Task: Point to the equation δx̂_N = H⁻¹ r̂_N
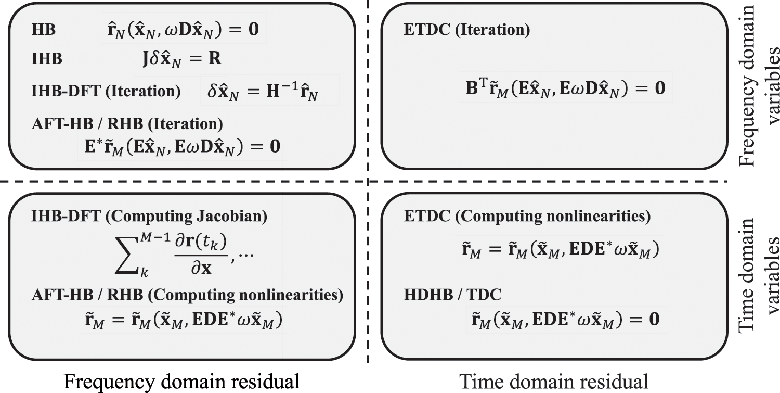265,92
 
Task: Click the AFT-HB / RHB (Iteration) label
127,125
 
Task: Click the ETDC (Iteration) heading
466,31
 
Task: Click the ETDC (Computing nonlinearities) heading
527,217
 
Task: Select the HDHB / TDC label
452,295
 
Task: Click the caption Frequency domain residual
181,382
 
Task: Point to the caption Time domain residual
554,382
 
